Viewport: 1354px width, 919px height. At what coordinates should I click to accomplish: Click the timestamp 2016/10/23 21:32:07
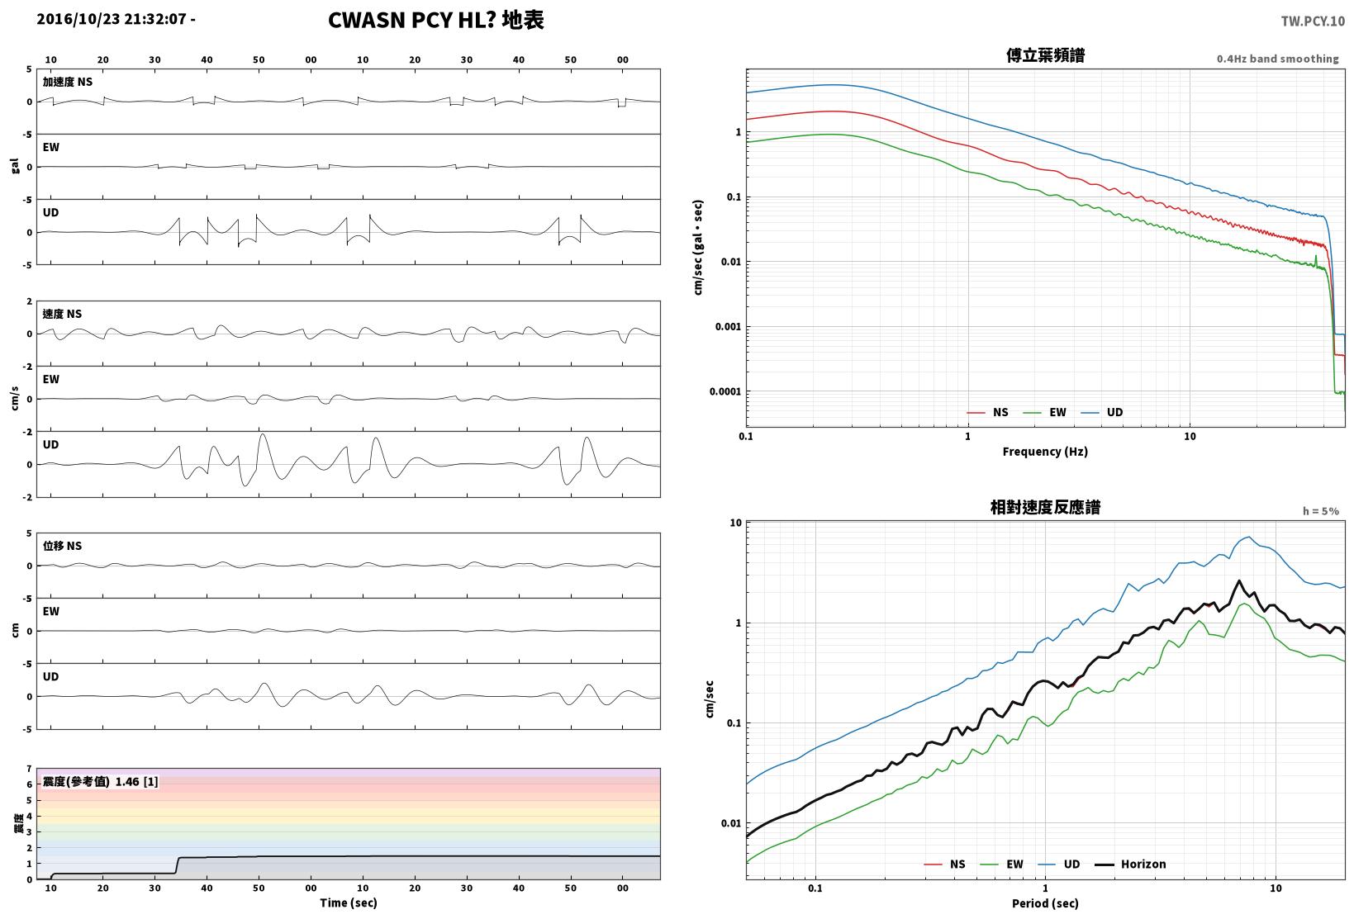[112, 19]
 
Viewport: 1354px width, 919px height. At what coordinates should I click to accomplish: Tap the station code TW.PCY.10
[1313, 21]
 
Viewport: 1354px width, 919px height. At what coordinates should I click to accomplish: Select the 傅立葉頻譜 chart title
[1045, 55]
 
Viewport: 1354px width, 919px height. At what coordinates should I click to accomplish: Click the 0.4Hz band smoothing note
[1277, 59]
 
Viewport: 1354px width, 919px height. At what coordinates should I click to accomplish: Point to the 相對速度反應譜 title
[1045, 507]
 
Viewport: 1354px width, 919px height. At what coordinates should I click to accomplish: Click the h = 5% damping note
[1320, 511]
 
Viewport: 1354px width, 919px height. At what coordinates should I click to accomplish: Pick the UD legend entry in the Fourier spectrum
[1102, 412]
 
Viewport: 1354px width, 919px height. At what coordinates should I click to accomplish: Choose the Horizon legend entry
[1131, 864]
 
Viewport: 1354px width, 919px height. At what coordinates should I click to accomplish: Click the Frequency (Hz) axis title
[1045, 452]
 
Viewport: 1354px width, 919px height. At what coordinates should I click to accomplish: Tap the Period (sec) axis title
[1045, 903]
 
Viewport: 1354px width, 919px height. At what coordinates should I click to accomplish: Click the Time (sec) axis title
[348, 902]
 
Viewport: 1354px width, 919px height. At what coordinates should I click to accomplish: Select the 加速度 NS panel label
[67, 82]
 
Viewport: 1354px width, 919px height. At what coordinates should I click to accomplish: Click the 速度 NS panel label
[62, 314]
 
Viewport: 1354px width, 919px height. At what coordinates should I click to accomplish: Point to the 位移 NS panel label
[62, 546]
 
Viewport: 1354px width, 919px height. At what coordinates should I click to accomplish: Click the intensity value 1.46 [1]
[136, 782]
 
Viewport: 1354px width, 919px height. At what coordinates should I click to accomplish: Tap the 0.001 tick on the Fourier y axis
[728, 327]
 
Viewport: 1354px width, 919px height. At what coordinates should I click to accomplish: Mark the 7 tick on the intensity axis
[29, 770]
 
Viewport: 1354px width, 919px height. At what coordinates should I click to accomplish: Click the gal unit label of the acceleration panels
[15, 166]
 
